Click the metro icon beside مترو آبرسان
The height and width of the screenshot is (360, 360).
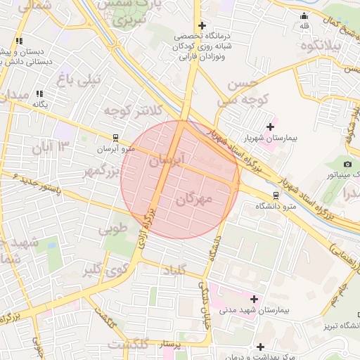pos(115,139)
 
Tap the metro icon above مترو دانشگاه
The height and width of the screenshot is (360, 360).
pos(275,195)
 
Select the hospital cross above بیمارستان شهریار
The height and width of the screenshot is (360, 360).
pos(270,127)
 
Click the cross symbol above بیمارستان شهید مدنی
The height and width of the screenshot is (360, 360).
pos(254,299)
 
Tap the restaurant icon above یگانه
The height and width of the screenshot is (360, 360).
pos(39,93)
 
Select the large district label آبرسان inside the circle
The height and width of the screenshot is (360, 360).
pos(167,160)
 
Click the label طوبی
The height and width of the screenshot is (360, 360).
pos(113,229)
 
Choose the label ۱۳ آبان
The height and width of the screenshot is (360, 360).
pos(51,147)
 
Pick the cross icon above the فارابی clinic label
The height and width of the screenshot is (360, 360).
pos(201,25)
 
